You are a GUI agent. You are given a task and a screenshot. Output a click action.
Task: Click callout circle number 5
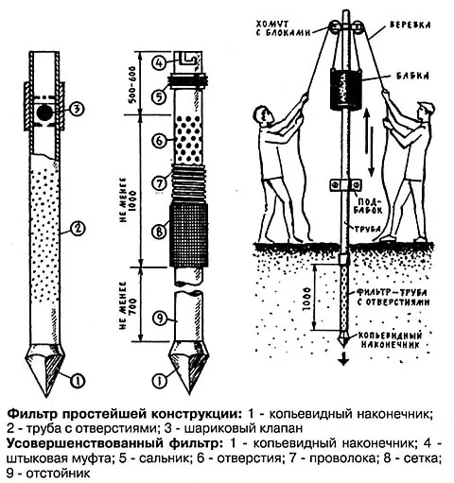point(158,95)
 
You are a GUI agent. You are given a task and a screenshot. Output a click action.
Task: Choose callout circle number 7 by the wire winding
point(158,181)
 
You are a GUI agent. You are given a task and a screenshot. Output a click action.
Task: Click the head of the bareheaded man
point(262,118)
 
